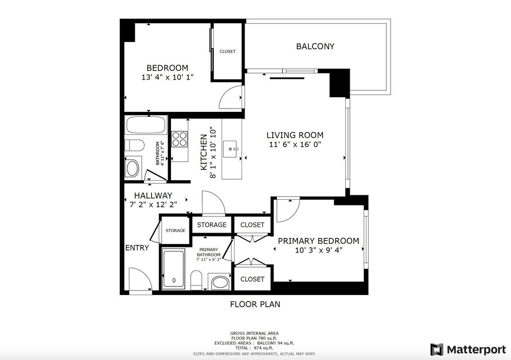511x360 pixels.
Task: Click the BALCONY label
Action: [315, 47]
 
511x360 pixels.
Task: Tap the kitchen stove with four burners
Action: [180, 139]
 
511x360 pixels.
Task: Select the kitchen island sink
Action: [230, 149]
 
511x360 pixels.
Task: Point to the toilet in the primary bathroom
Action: [196, 280]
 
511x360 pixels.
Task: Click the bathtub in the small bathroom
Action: [146, 125]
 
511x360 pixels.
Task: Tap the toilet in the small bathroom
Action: [134, 145]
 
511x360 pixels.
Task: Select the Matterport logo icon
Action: [437, 349]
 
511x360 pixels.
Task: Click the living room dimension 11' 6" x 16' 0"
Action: [295, 145]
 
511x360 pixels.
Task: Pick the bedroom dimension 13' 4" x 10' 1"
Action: [167, 77]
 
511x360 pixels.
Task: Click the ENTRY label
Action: [137, 248]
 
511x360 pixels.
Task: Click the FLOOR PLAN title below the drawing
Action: [255, 304]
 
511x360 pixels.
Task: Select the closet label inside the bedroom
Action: [227, 51]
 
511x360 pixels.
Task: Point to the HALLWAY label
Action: [153, 196]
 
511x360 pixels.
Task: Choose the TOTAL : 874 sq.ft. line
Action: [254, 348]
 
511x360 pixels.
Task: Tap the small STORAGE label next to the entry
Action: [175, 230]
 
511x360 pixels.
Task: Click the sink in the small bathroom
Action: [133, 168]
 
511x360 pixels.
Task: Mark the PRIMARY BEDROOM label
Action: [318, 241]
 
